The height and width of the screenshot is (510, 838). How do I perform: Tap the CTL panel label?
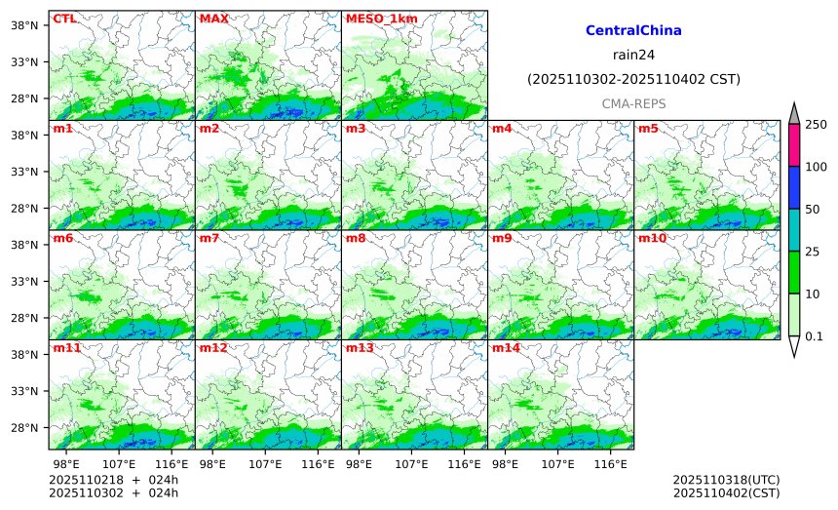pos(64,19)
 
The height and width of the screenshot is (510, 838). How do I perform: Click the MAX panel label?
pos(212,19)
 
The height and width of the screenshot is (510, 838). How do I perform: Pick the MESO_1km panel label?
pos(374,19)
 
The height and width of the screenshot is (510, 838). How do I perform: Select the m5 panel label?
pos(648,129)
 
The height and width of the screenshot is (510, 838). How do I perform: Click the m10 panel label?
pos(652,238)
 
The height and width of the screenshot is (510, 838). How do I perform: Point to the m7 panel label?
pos(209,238)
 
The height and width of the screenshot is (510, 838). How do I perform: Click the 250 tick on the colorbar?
pos(816,125)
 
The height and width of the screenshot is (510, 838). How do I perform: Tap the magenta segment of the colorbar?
pos(794,145)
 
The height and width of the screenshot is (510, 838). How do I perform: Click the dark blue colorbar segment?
pos(794,187)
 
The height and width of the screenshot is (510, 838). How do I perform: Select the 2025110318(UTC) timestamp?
pos(726,481)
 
